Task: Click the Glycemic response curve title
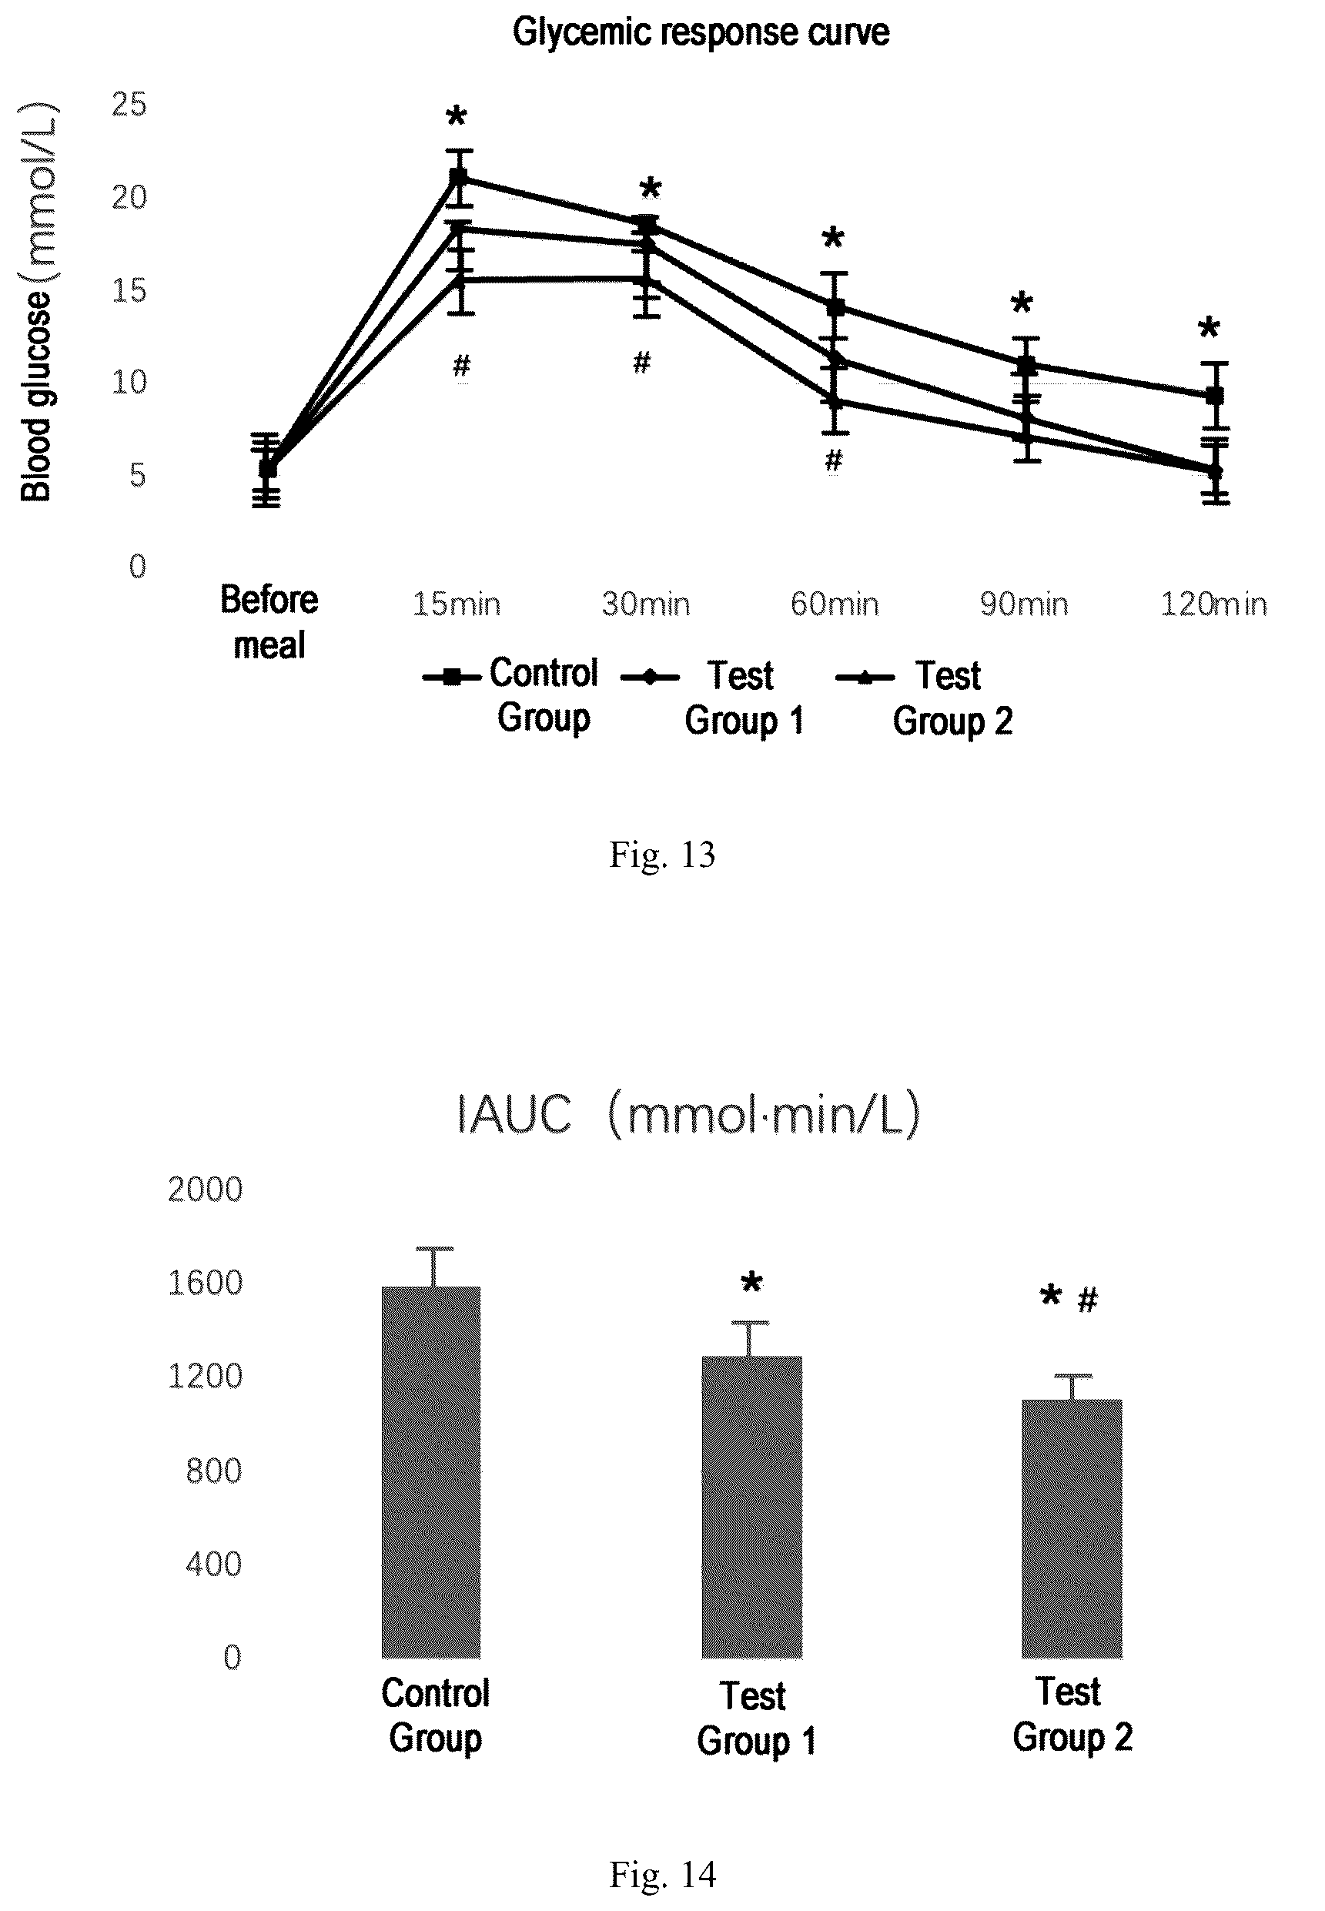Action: click(x=701, y=32)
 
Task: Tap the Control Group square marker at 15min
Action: click(x=458, y=177)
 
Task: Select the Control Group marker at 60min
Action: click(x=836, y=307)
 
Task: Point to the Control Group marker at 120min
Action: click(x=1215, y=395)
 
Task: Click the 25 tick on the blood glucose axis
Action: click(x=129, y=105)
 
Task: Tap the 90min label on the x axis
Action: click(x=1024, y=604)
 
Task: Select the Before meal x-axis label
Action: click(x=269, y=622)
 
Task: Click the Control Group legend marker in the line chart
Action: click(x=452, y=678)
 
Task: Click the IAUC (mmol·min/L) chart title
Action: click(x=689, y=1114)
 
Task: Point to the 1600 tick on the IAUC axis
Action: click(x=205, y=1283)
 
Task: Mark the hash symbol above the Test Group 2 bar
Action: click(x=1088, y=1299)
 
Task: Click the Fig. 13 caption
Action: click(x=661, y=854)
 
